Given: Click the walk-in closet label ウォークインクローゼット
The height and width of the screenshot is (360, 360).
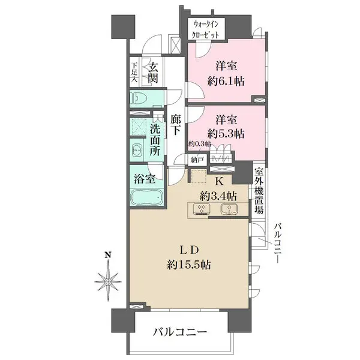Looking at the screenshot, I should click(x=206, y=29).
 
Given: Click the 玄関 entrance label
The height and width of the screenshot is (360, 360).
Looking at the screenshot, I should click(x=154, y=73).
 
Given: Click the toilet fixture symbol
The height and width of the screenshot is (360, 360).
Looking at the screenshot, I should click(x=139, y=98).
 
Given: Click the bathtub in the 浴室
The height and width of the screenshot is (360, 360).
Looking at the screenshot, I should click(x=145, y=197).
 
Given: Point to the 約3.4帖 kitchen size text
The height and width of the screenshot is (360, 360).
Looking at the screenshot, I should click(x=218, y=196).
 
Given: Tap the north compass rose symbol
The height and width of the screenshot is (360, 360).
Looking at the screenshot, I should click(x=109, y=279).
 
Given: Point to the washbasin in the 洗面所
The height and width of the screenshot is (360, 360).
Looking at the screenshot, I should click(x=136, y=151).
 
